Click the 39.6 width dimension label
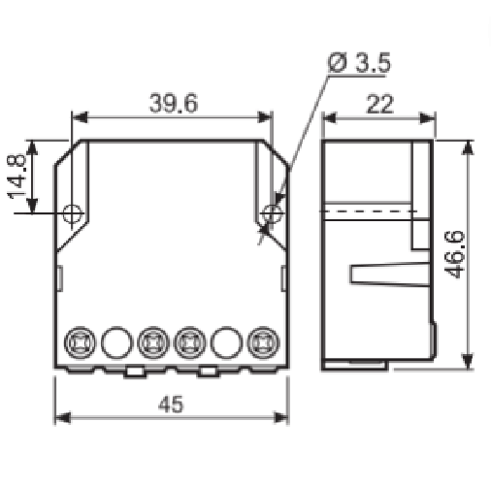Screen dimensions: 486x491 coord(173,103)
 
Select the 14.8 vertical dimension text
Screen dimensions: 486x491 coord(17,176)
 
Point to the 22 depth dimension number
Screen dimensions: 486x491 coord(380,104)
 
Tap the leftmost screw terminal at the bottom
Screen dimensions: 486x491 coord(80,342)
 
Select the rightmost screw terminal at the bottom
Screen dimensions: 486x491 coord(263,342)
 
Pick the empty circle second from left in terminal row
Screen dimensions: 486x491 coord(115,342)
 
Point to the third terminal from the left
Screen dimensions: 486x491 coord(152,342)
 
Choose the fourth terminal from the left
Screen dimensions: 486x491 coord(190,342)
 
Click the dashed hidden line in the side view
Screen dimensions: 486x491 coord(369,211)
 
